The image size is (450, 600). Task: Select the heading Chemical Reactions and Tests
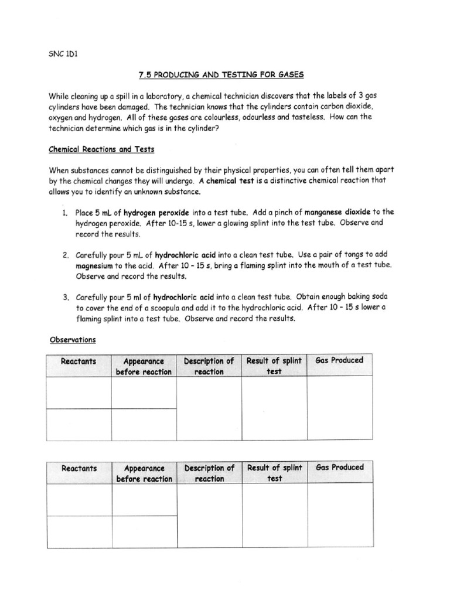101,149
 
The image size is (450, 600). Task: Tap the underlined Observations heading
72,339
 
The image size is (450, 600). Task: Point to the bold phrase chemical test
230,181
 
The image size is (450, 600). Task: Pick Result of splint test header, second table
274,473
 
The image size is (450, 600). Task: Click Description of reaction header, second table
209,473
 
